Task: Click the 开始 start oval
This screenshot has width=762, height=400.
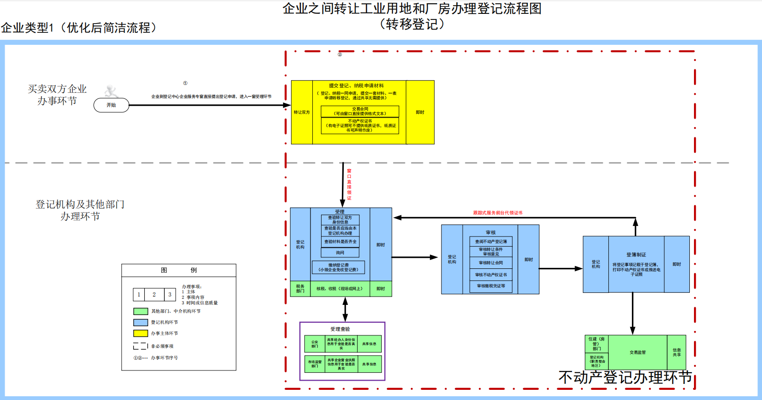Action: [x=111, y=105]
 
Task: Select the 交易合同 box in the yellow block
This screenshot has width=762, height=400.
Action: [x=360, y=111]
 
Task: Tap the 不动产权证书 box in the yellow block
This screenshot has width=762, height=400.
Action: [x=360, y=126]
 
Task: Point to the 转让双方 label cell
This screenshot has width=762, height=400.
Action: [x=302, y=112]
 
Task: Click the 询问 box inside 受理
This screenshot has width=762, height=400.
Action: [x=340, y=253]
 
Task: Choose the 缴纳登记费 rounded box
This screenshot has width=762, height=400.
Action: [x=338, y=267]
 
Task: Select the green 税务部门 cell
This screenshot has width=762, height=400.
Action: [x=300, y=289]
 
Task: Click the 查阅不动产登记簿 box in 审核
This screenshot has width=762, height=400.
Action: [x=491, y=242]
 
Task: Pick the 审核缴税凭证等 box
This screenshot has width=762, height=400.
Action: [x=491, y=286]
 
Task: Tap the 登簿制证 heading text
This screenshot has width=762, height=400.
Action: [x=636, y=255]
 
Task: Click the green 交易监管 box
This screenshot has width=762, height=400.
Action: [x=638, y=352]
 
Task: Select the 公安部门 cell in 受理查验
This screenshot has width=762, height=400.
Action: [x=315, y=344]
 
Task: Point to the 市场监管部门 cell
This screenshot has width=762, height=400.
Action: [x=315, y=364]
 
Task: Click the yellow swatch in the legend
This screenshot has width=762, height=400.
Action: [x=141, y=333]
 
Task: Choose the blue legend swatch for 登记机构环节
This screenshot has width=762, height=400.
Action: [x=141, y=322]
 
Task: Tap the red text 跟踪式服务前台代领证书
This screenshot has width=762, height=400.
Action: [x=497, y=213]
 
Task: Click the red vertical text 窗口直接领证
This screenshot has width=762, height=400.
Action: [x=349, y=184]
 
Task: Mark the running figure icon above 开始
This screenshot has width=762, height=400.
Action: [x=111, y=91]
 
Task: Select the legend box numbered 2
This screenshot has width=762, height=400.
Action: [x=154, y=295]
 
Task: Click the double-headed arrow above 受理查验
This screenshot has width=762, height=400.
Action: [x=345, y=309]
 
